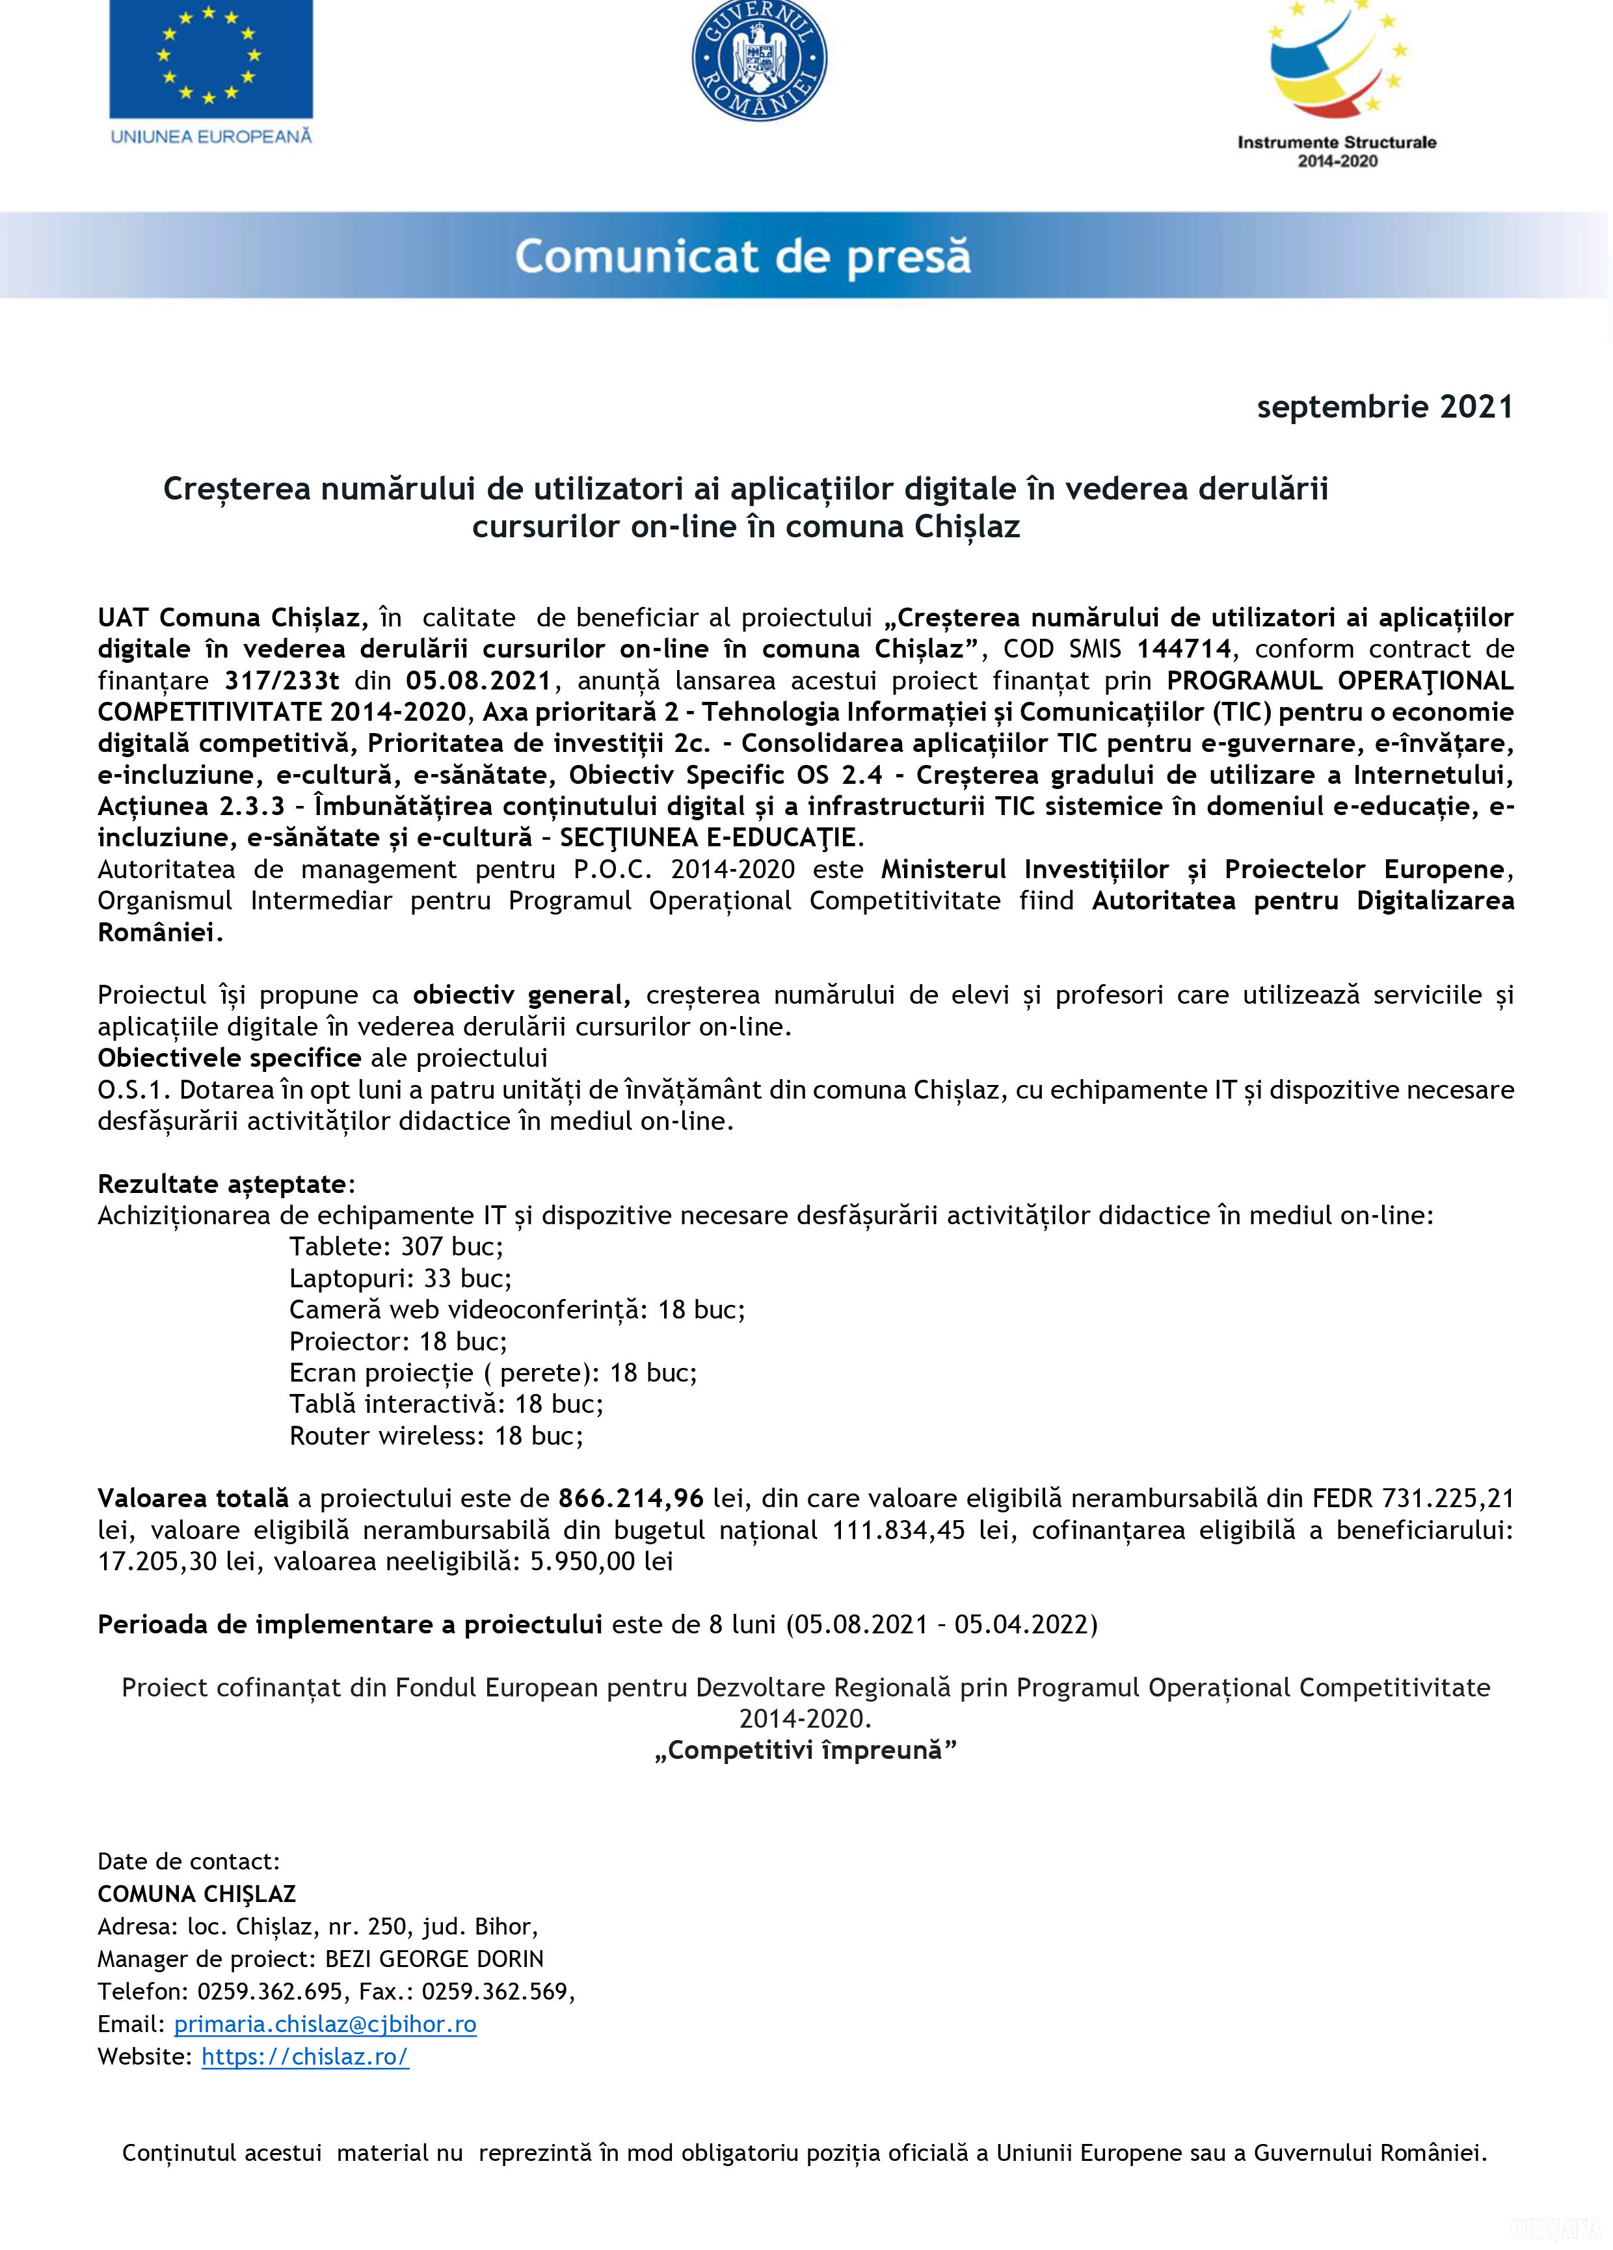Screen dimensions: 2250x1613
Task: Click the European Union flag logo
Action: [210, 60]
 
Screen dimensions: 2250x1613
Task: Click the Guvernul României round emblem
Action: [759, 60]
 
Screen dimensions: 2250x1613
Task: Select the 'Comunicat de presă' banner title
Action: [742, 256]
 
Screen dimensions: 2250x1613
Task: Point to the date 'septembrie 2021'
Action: [1384, 407]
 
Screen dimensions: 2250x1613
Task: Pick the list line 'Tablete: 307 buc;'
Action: [396, 1247]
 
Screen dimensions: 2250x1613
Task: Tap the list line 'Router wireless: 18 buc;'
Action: [436, 1436]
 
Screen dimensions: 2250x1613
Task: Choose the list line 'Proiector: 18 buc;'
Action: [398, 1341]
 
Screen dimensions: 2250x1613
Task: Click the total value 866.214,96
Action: [631, 1498]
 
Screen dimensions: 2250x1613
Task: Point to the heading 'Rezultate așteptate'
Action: [223, 1183]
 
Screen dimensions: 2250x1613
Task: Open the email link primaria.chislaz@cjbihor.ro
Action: [325, 2024]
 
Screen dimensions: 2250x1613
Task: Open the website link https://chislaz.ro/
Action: [304, 2057]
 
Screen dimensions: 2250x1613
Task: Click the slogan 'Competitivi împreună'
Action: [805, 1750]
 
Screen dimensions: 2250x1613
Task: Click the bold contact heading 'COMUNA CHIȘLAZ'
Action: [196, 1894]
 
